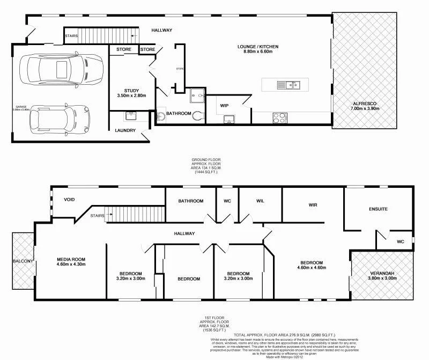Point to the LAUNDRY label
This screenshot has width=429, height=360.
pyautogui.click(x=125, y=130)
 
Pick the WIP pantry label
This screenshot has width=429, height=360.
pyautogui.click(x=225, y=105)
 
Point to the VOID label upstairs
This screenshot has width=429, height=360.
pyautogui.click(x=69, y=200)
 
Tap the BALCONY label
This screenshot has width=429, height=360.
pyautogui.click(x=23, y=261)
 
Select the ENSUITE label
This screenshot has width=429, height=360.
pyautogui.click(x=378, y=209)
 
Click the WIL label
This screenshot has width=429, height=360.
pyautogui.click(x=260, y=201)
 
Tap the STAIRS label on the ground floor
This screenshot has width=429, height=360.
pyautogui.click(x=71, y=36)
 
